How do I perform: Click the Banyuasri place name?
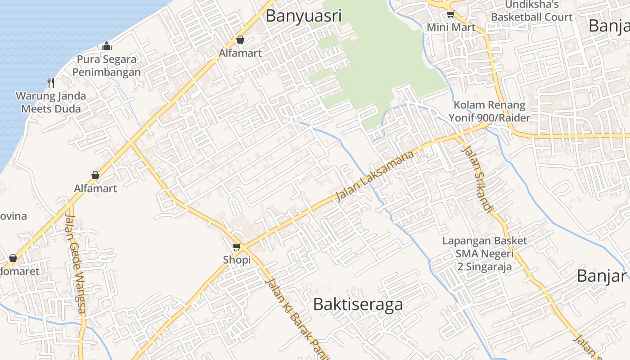click(304, 16)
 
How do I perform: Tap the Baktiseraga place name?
click(358, 305)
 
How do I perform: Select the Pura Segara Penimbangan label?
click(107, 66)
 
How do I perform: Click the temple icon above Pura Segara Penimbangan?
click(107, 46)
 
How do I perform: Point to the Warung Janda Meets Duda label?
click(51, 102)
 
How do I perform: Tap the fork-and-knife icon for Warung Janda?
click(51, 83)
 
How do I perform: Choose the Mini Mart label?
click(451, 27)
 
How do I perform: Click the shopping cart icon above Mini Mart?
click(450, 14)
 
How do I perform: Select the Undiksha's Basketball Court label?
click(531, 11)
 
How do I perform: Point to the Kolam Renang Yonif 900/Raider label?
click(489, 112)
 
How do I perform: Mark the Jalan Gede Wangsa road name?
click(75, 259)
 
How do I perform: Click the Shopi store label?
click(237, 260)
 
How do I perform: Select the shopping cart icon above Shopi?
click(237, 247)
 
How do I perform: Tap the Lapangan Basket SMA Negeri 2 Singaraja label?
click(484, 254)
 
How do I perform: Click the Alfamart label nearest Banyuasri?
click(240, 53)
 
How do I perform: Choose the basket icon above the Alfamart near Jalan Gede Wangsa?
click(95, 175)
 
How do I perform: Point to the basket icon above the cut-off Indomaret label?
click(13, 258)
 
